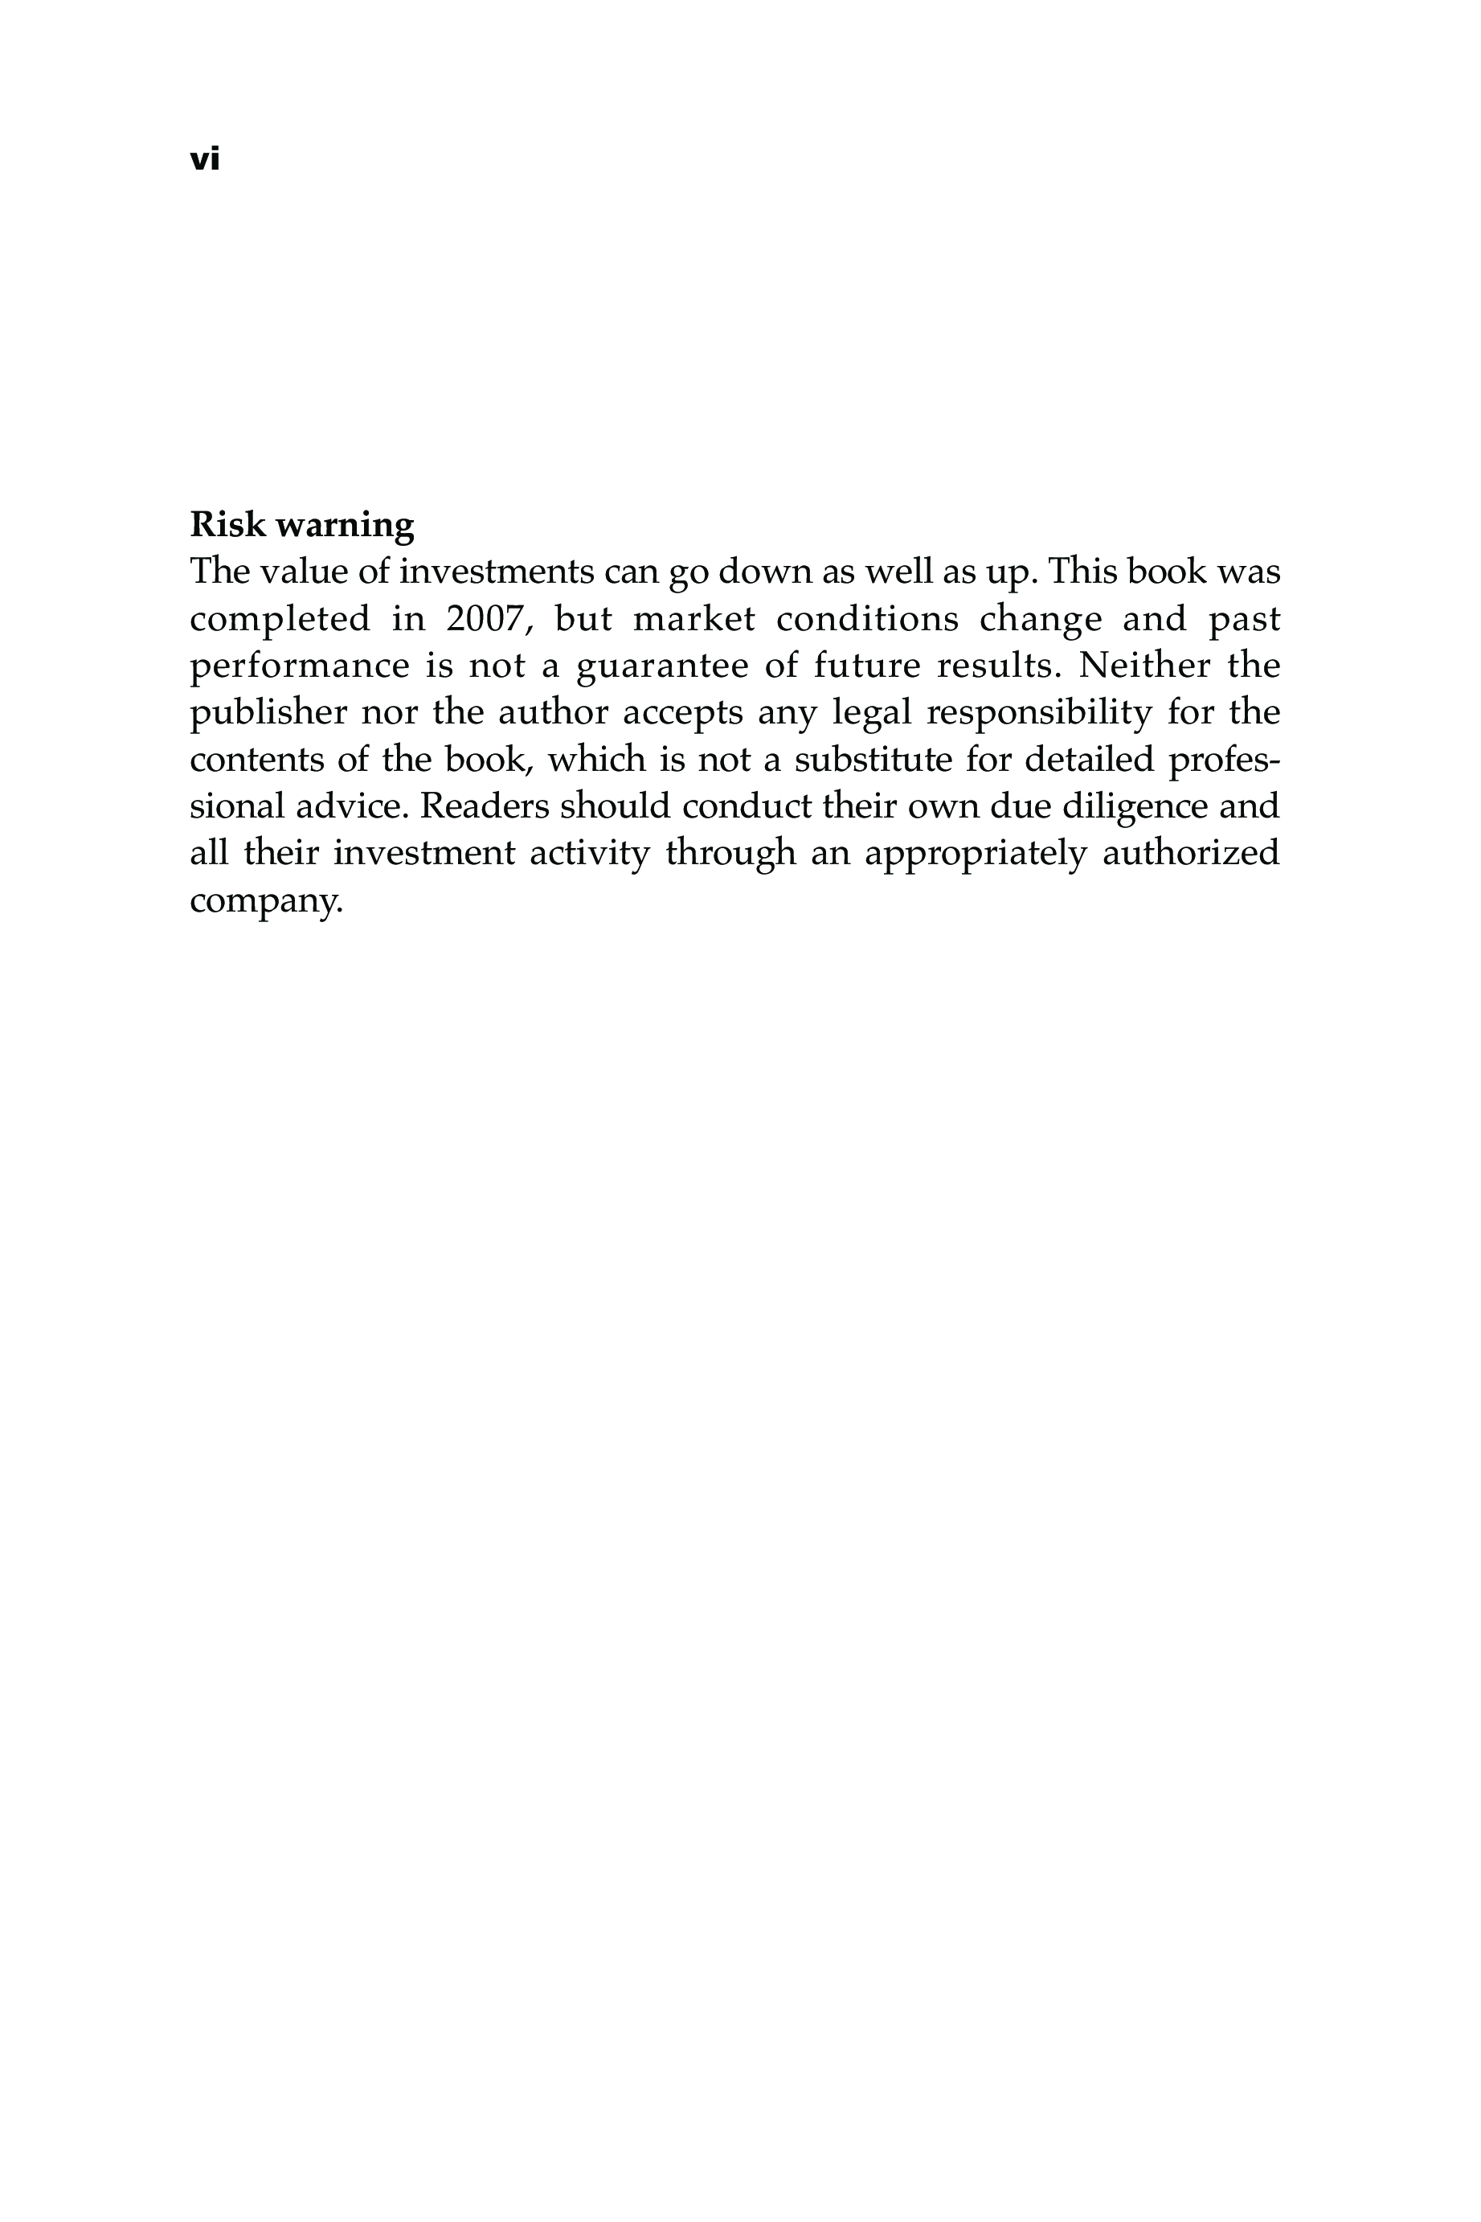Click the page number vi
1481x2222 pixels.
click(204, 160)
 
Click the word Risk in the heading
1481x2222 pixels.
click(227, 524)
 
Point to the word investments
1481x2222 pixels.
click(497, 572)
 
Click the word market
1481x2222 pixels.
click(694, 620)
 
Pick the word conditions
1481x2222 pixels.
click(867, 620)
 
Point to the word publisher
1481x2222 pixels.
click(268, 713)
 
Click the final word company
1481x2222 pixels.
click(265, 902)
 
